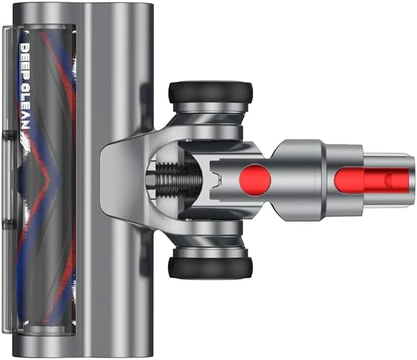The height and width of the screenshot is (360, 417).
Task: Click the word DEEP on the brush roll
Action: (x=25, y=63)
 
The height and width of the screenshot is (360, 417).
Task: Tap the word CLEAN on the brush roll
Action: (x=25, y=107)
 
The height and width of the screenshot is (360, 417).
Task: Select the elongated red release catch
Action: (x=372, y=180)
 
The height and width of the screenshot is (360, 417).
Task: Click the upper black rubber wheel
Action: (x=211, y=92)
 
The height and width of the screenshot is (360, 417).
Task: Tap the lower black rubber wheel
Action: (x=210, y=268)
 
